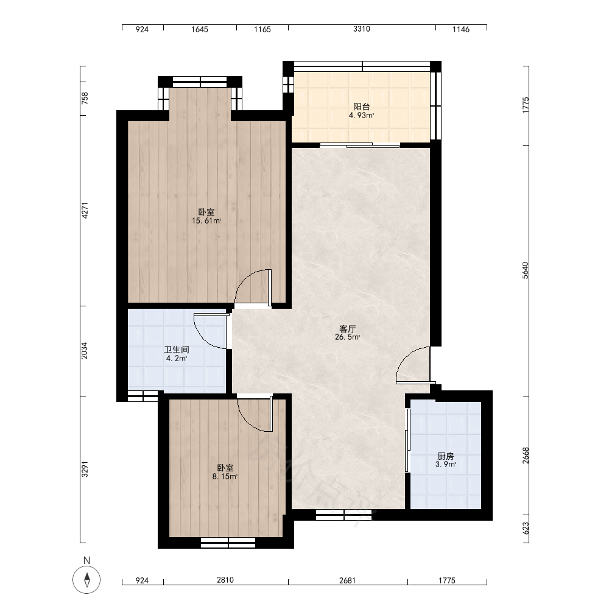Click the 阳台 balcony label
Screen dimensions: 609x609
(361, 107)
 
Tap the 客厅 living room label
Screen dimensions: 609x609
(347, 329)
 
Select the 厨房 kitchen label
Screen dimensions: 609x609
(446, 456)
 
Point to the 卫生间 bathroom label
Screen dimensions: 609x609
(177, 350)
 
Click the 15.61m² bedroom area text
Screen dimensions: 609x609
(206, 221)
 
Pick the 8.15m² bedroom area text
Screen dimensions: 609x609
(225, 477)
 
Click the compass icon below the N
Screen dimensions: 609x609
(86, 580)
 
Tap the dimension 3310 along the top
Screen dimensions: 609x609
(362, 29)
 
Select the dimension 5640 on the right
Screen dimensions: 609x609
(526, 270)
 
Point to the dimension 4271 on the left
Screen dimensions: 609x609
(85, 210)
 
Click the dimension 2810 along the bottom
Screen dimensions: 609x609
(225, 580)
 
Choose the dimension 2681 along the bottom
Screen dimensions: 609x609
(347, 580)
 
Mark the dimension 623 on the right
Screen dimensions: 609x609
(526, 528)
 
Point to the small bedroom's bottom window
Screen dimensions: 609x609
(228, 543)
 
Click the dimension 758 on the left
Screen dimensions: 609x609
(85, 98)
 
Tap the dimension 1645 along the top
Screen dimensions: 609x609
(200, 29)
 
